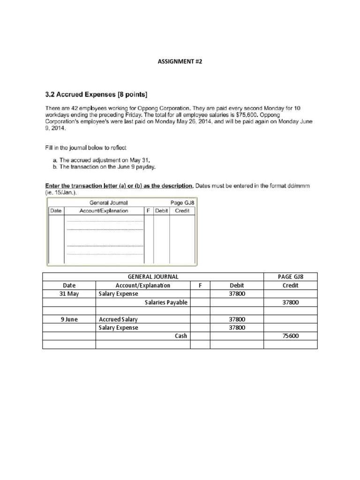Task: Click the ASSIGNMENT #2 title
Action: pyautogui.click(x=180, y=61)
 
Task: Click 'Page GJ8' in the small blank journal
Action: pyautogui.click(x=182, y=203)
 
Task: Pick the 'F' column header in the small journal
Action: pyautogui.click(x=148, y=211)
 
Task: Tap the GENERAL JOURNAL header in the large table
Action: pyautogui.click(x=153, y=277)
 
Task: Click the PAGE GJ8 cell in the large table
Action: pyautogui.click(x=291, y=277)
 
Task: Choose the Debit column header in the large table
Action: pyautogui.click(x=237, y=285)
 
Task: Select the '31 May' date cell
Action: pyautogui.click(x=69, y=294)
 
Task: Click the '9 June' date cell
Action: pyautogui.click(x=69, y=319)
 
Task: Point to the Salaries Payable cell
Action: pyautogui.click(x=166, y=302)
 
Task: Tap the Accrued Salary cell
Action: pyautogui.click(x=119, y=319)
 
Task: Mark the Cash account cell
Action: pyautogui.click(x=180, y=336)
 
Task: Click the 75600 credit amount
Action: pyautogui.click(x=291, y=336)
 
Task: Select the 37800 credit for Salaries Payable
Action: pyautogui.click(x=291, y=302)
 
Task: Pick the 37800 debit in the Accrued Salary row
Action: pyautogui.click(x=237, y=319)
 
